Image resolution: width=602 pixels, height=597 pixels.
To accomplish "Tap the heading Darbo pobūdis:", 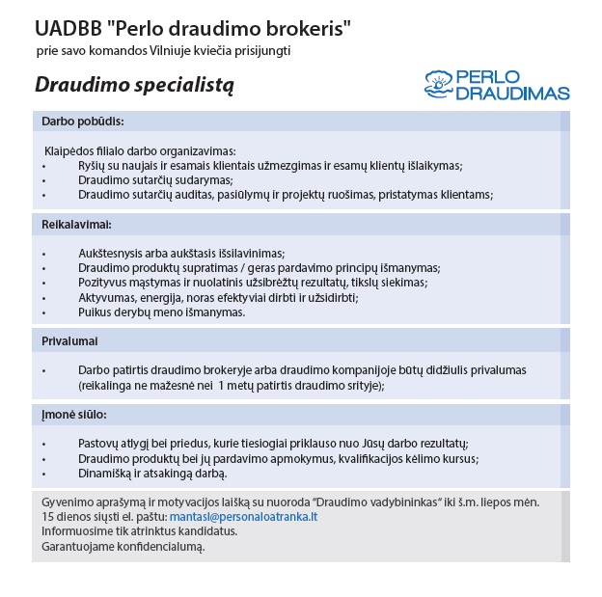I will point(83,122).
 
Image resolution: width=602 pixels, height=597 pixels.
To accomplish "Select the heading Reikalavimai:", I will point(76,225).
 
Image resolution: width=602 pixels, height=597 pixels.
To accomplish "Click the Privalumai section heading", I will point(69,341).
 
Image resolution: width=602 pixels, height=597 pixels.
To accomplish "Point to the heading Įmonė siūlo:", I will point(74,414).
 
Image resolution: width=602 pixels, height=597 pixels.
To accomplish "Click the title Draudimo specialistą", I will point(134,85).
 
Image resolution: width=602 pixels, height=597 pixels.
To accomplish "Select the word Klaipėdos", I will point(72,151).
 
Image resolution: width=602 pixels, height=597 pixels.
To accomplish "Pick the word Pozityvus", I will point(103,283).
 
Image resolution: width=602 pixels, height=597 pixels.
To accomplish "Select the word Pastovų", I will point(100,444).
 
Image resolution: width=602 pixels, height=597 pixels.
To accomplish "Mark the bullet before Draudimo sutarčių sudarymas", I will point(44,180).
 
